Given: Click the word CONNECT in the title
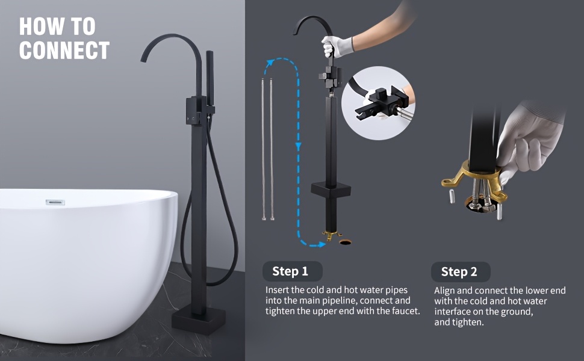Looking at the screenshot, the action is pos(64,51).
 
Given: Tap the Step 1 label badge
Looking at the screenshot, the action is pos(293,271).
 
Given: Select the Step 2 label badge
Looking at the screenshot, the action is pos(461,272).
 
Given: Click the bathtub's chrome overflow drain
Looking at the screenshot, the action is pos(55,202).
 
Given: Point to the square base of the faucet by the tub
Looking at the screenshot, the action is pos(199,319).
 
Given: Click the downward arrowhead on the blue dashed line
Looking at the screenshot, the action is pos(298,147).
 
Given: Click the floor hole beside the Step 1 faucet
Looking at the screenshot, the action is pos(345,242).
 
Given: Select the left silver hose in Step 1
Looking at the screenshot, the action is pos(263,149).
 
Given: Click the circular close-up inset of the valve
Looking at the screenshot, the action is pos(378,103).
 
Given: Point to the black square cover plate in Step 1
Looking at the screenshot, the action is pos(331,190).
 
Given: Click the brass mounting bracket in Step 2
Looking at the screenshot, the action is pos(474,182).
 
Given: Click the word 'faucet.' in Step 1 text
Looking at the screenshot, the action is pos(406,310).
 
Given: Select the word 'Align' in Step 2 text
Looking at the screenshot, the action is pos(444,291).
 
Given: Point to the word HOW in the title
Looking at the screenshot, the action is pos(40,26).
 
